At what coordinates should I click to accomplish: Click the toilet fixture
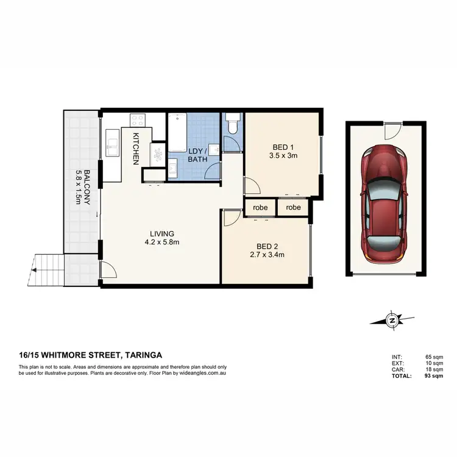(x=232, y=126)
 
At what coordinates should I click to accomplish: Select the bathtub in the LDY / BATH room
(x=177, y=131)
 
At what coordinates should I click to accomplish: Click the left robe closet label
(x=260, y=207)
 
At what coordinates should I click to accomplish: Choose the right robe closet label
(x=293, y=207)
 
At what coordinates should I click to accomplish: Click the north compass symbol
(x=393, y=320)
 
